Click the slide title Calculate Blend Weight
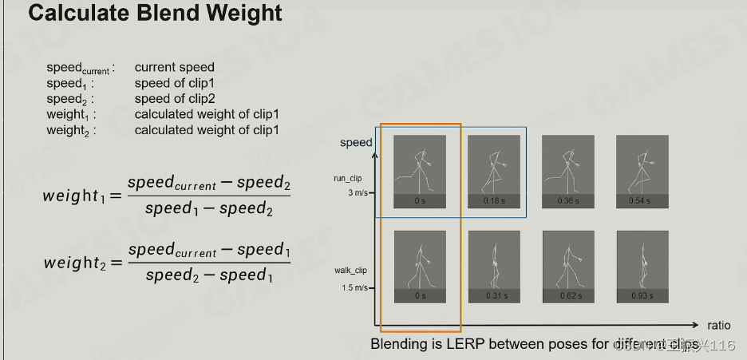[x=156, y=14]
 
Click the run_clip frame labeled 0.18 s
[x=494, y=172]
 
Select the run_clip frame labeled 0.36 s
[x=568, y=172]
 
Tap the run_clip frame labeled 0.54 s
[x=642, y=172]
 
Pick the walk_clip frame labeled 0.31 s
[x=494, y=267]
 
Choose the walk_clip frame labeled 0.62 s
[x=568, y=267]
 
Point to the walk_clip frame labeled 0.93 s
[x=642, y=267]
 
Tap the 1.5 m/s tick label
[x=355, y=288]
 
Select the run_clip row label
[x=347, y=179]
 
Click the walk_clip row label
[x=350, y=271]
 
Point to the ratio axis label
[x=719, y=326]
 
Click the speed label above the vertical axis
[x=356, y=143]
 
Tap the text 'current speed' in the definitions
[x=174, y=68]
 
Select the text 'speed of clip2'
[x=175, y=99]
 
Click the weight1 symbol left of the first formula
[x=77, y=196]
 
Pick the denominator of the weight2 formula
[x=210, y=276]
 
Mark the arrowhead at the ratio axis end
[x=696, y=325]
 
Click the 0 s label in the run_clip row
[x=420, y=200]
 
